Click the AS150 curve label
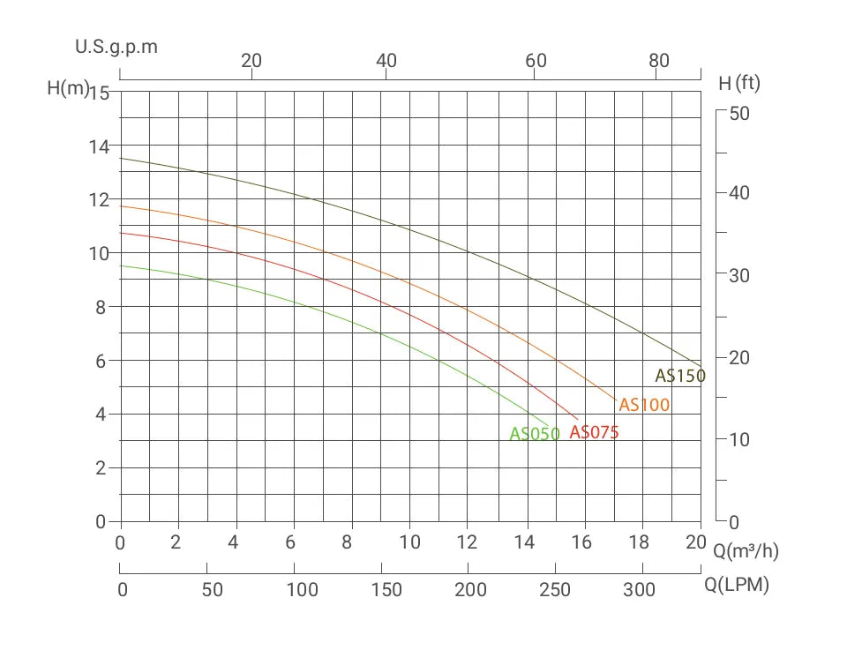[679, 376]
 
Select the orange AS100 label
[644, 405]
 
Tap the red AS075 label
[594, 432]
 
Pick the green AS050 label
[535, 434]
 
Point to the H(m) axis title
[68, 89]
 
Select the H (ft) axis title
[739, 84]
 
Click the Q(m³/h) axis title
[746, 551]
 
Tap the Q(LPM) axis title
[737, 585]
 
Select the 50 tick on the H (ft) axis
[738, 114]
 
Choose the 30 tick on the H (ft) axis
[738, 275]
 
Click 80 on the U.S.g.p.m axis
[659, 61]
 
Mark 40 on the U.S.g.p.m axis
[386, 61]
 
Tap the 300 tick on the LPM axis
[639, 590]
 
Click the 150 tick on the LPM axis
[386, 590]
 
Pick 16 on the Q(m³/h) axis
[582, 542]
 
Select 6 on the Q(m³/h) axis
[291, 542]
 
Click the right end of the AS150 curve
[701, 365]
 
